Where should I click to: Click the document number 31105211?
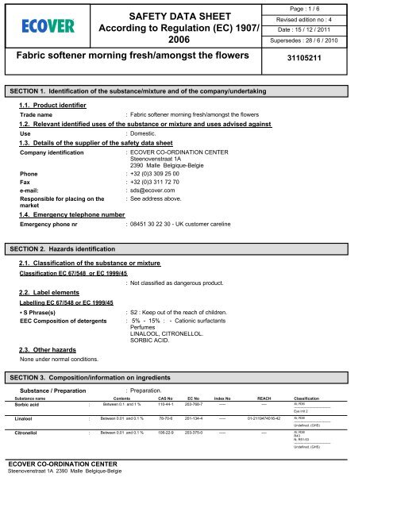point(342,58)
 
